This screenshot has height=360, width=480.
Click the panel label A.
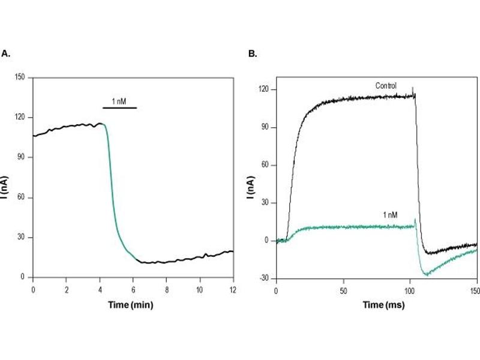point(6,53)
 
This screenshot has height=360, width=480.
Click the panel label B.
point(253,53)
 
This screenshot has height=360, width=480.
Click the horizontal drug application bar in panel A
point(119,107)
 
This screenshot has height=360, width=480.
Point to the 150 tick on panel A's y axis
point(23,77)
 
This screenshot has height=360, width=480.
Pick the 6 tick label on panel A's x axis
point(133,289)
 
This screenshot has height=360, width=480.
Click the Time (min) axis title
point(131,304)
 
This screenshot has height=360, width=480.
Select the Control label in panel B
point(386,86)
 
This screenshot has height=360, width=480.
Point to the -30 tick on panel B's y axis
point(265,278)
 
